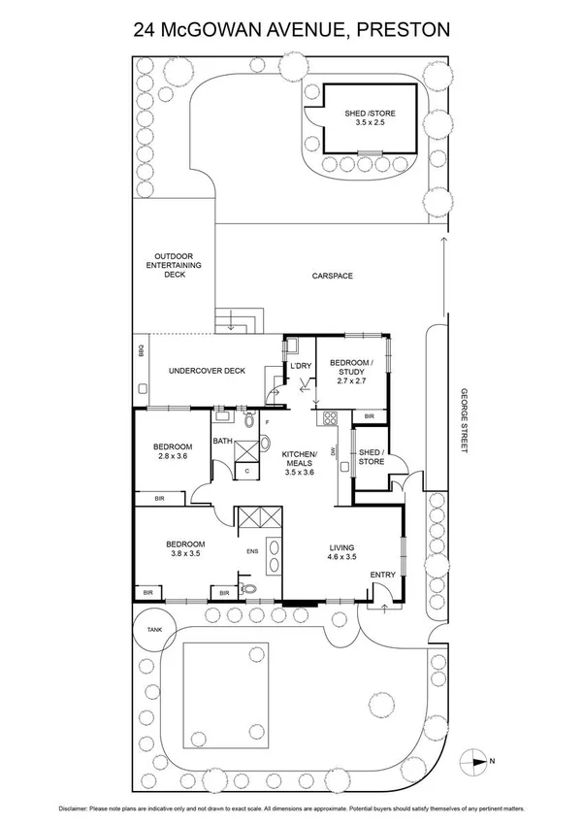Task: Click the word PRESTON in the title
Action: click(x=404, y=30)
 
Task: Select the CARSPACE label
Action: click(x=332, y=277)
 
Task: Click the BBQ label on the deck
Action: click(x=141, y=351)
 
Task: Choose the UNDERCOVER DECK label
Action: click(x=207, y=370)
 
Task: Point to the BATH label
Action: click(x=223, y=442)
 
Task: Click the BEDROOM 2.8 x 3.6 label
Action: click(x=173, y=454)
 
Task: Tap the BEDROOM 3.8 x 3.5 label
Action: click(x=184, y=549)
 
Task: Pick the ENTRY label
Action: click(x=383, y=576)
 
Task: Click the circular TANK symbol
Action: click(x=154, y=630)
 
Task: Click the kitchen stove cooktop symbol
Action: click(x=329, y=420)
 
